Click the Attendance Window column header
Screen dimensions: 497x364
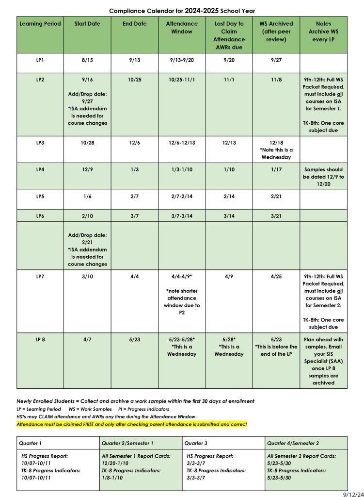pyautogui.click(x=182, y=28)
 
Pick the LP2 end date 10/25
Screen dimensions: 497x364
pyautogui.click(x=134, y=80)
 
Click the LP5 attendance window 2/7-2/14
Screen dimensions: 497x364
pyautogui.click(x=182, y=197)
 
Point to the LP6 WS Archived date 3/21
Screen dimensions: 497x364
pyautogui.click(x=276, y=215)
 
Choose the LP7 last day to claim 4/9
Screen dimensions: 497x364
pyautogui.click(x=229, y=276)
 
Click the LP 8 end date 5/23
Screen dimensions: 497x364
pyautogui.click(x=134, y=339)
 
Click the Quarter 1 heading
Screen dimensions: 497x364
pyautogui.click(x=31, y=443)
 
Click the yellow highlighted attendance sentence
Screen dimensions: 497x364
pyautogui.click(x=131, y=424)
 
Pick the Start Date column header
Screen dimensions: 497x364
pyautogui.click(x=87, y=24)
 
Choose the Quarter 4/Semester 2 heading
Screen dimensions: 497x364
pyautogui.click(x=293, y=443)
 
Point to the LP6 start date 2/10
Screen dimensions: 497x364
pyautogui.click(x=87, y=215)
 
